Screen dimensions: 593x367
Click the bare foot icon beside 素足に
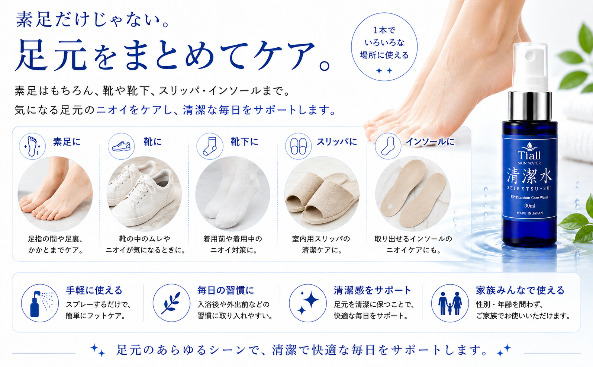(32, 146)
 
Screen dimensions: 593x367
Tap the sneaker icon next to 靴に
(121, 146)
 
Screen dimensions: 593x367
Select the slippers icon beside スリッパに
(298, 146)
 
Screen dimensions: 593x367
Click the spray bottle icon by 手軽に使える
(40, 303)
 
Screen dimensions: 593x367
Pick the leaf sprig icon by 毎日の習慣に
(171, 303)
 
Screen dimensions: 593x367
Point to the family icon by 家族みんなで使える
(450, 303)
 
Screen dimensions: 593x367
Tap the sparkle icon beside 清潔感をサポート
(308, 303)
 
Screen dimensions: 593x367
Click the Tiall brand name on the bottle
(529, 155)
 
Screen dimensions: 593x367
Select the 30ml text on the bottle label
(530, 205)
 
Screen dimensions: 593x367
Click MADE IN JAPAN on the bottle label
(530, 213)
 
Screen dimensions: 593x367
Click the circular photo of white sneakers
(144, 194)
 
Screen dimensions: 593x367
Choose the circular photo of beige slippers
(322, 194)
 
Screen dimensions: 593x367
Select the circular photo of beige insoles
(413, 194)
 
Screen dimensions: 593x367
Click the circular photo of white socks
(233, 194)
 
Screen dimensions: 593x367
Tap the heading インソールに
(430, 142)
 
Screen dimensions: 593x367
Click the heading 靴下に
(244, 142)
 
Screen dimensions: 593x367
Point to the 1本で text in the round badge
(384, 31)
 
